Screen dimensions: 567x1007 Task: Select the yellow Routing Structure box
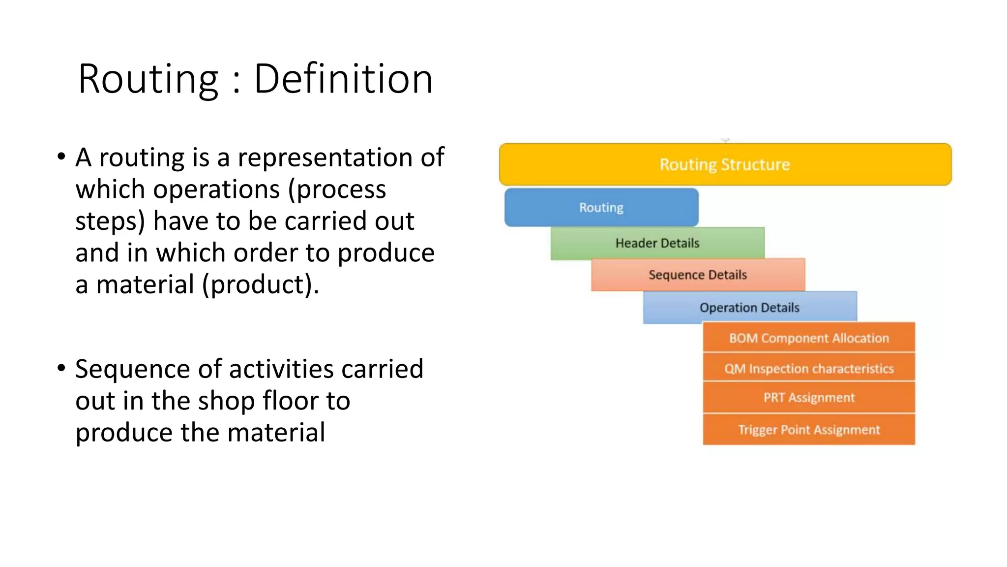pos(725,164)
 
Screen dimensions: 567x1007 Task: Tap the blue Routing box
pos(601,207)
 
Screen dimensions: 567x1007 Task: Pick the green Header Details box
pos(657,243)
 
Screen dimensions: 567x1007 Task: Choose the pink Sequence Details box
pos(697,275)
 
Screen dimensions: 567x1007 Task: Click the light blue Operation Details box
pos(749,308)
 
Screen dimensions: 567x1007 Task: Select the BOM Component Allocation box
pos(809,338)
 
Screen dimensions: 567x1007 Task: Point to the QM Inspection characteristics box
pos(809,368)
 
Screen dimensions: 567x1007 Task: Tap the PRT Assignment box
pos(809,398)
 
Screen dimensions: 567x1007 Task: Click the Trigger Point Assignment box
pos(809,430)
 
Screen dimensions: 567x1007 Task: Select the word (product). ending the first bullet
pos(261,284)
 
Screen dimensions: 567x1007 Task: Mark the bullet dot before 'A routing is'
pos(61,157)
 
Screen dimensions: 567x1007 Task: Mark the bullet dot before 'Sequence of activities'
pos(61,368)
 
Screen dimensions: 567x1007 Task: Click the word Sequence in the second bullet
pos(133,370)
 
